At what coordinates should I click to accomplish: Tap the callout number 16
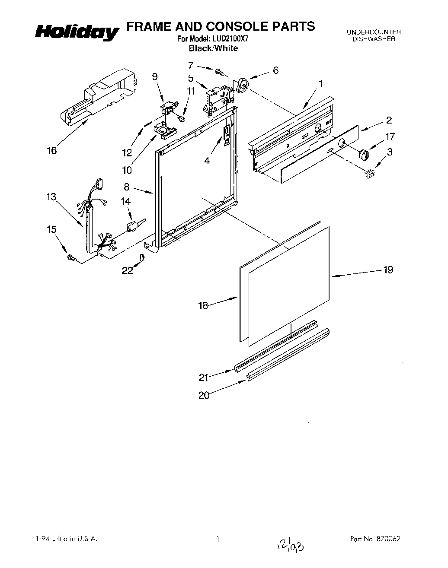click(x=52, y=150)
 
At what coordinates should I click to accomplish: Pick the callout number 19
click(x=388, y=270)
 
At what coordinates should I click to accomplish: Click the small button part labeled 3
click(x=369, y=174)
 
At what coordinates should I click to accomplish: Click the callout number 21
click(x=204, y=378)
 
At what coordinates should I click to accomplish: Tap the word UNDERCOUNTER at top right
click(x=374, y=32)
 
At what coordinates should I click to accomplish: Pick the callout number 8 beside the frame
click(x=126, y=187)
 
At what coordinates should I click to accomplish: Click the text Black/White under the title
click(x=213, y=48)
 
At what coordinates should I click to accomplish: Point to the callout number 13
click(x=51, y=197)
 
